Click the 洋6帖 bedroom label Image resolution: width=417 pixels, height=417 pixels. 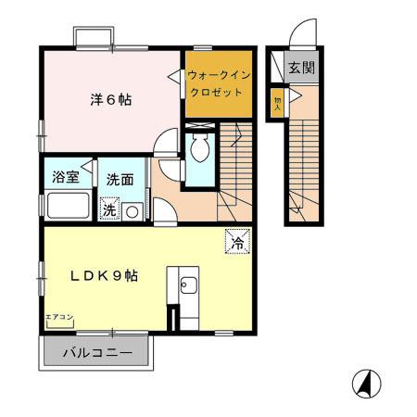(110, 99)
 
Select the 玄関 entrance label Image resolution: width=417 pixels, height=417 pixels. (300, 68)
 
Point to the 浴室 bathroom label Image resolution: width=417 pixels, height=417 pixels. (65, 177)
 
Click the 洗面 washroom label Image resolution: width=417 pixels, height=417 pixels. (118, 178)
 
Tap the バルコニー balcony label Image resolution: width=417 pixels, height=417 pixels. (97, 353)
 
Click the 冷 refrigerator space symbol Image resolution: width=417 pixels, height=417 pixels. (237, 244)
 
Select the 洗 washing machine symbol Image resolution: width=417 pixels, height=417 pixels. (109, 209)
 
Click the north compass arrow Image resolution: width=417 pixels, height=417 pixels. (367, 381)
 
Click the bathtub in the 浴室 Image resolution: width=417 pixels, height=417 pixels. (68, 205)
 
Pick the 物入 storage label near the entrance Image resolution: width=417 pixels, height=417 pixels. (277, 102)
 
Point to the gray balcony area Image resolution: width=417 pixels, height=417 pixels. (97, 353)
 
